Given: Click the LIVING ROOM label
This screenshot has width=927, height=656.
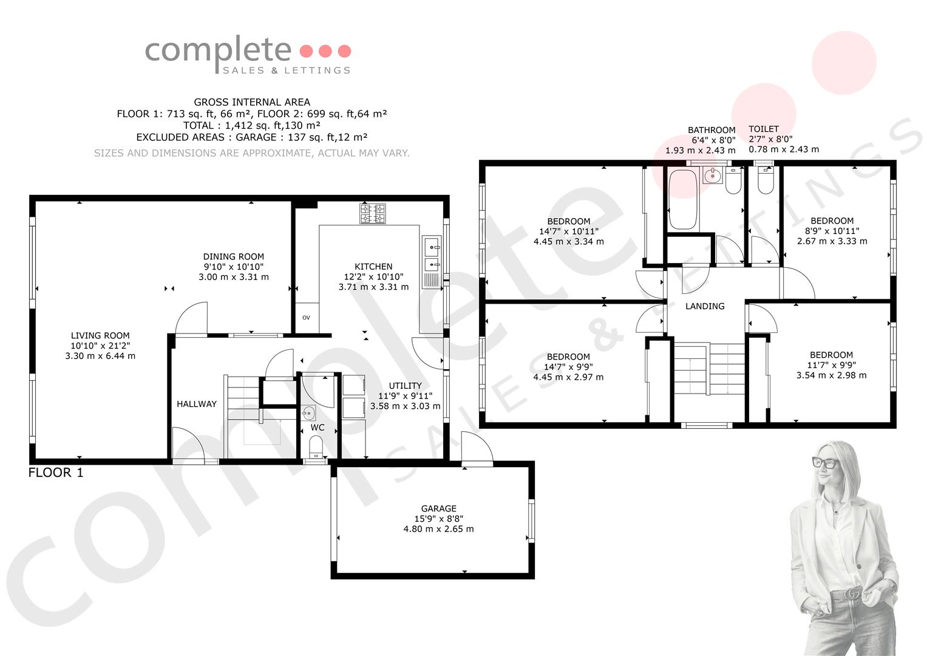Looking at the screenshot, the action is click(100, 335).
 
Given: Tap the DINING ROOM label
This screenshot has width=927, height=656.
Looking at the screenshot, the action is click(233, 257).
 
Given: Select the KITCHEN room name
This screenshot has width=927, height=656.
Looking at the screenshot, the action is click(373, 267).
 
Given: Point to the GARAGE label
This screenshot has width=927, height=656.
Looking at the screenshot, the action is click(439, 508).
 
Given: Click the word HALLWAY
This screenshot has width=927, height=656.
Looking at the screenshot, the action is click(197, 404).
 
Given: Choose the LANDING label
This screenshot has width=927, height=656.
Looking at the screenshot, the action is click(705, 307).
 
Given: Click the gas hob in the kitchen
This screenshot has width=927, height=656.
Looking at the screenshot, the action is click(373, 214).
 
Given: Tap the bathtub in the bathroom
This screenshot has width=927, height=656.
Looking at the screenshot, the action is click(683, 199).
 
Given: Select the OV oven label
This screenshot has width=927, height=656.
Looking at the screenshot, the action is click(306, 318).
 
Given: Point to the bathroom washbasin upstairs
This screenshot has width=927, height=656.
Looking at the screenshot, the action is click(712, 176).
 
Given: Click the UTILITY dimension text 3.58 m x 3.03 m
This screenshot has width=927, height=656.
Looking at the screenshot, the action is click(405, 406).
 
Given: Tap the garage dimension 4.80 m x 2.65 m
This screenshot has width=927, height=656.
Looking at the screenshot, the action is click(439, 529).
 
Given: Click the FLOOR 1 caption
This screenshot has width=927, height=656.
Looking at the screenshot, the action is click(56, 473).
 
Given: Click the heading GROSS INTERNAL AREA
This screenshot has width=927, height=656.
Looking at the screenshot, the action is click(252, 102).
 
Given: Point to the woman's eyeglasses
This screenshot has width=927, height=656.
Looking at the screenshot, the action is click(826, 463).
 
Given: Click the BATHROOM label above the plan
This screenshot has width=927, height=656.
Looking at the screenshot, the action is click(711, 130).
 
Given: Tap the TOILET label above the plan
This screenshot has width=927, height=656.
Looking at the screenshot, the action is click(764, 129).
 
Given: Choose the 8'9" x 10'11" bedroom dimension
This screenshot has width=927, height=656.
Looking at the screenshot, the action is click(832, 231).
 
